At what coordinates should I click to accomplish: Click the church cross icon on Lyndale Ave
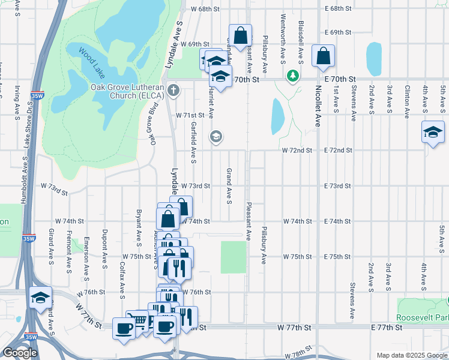(x=173, y=91)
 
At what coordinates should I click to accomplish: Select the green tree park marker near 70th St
(x=292, y=76)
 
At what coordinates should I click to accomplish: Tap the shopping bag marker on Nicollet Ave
(x=323, y=57)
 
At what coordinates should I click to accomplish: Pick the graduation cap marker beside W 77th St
(x=40, y=298)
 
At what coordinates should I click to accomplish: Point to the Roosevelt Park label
(x=423, y=317)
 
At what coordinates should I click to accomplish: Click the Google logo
(x=20, y=353)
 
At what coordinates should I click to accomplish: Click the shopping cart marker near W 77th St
(x=138, y=322)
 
